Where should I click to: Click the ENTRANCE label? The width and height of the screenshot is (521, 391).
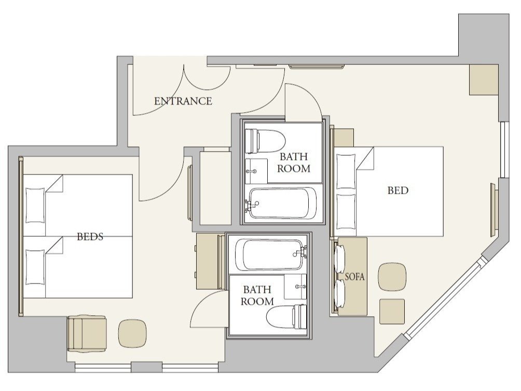pyautogui.click(x=183, y=101)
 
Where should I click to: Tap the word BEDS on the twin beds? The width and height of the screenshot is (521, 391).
pyautogui.click(x=90, y=237)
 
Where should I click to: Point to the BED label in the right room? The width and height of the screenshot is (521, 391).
pyautogui.click(x=397, y=191)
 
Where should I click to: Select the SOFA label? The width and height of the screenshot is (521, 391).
pyautogui.click(x=354, y=277)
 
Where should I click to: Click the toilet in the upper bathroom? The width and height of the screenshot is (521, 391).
pyautogui.click(x=265, y=141)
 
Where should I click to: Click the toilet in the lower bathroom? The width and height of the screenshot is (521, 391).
pyautogui.click(x=286, y=317)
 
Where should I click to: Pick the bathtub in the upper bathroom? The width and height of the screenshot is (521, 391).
pyautogui.click(x=281, y=203)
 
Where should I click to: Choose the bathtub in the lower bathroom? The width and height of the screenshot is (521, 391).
pyautogui.click(x=270, y=254)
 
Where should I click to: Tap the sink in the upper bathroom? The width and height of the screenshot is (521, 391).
pyautogui.click(x=256, y=171)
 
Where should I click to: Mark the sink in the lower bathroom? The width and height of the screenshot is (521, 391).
pyautogui.click(x=295, y=287)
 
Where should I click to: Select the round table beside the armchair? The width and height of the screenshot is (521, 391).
pyautogui.click(x=133, y=333)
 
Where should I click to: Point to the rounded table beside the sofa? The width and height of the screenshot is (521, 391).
pyautogui.click(x=392, y=277)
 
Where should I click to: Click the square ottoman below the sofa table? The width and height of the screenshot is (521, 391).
pyautogui.click(x=392, y=311)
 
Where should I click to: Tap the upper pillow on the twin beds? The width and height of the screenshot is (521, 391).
pyautogui.click(x=35, y=205)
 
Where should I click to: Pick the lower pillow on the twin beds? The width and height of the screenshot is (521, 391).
pyautogui.click(x=35, y=267)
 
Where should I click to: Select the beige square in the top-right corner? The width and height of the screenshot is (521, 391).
pyautogui.click(x=484, y=80)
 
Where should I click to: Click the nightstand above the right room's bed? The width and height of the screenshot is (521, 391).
pyautogui.click(x=344, y=137)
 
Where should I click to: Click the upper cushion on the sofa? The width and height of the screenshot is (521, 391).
pyautogui.click(x=339, y=259)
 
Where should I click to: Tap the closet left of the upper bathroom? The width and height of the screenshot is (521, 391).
pyautogui.click(x=215, y=188)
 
